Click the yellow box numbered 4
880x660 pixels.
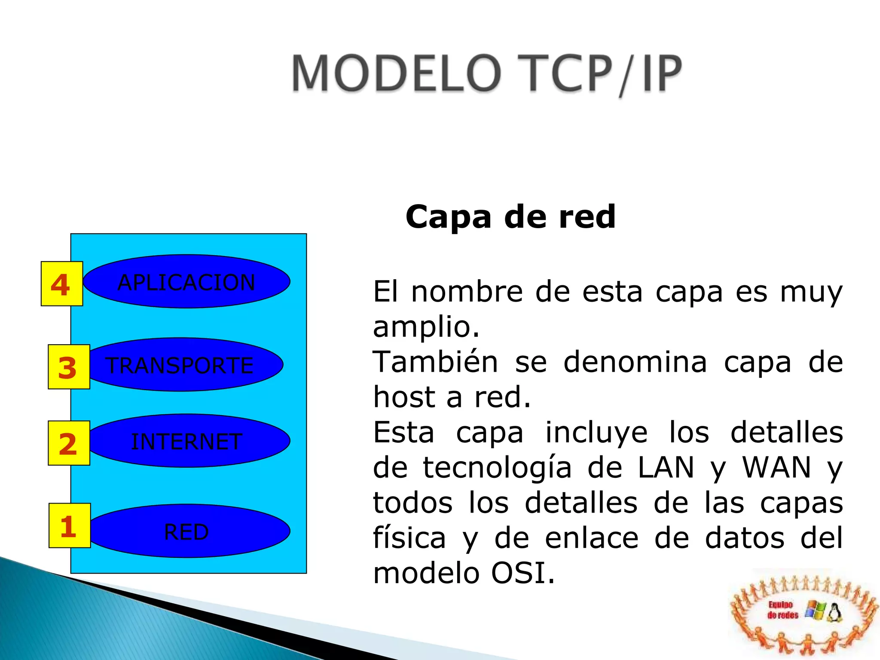coord(62,284)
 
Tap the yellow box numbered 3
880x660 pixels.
coord(69,367)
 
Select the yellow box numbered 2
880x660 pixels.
coord(69,443)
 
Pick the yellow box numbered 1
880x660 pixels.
coord(70,526)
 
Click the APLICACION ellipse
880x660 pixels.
coord(186,281)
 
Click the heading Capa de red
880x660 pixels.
coord(510,217)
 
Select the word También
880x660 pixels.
coord(435,362)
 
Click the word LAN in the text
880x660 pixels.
coord(666,467)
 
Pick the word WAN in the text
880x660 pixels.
coord(776,467)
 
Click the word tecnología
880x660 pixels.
coord(497,468)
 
